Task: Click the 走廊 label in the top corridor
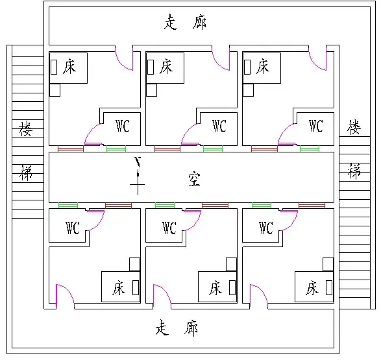(x=186, y=22)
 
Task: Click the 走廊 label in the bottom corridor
(x=177, y=328)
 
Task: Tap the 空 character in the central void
(x=194, y=179)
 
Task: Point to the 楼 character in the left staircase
(x=25, y=128)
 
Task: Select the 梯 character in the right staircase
(x=354, y=171)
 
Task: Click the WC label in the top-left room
(x=123, y=126)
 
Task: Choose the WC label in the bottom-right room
(x=266, y=228)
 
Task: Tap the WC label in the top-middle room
(x=219, y=126)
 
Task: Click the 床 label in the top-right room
(x=263, y=66)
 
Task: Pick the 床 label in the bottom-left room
(x=119, y=287)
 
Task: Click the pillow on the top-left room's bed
(x=54, y=67)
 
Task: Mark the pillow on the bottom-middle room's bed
(x=232, y=287)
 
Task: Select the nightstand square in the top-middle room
(x=151, y=90)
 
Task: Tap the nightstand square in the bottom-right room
(x=328, y=265)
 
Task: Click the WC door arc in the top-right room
(x=284, y=131)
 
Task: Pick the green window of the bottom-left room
(x=68, y=206)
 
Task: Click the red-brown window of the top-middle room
(x=167, y=149)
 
